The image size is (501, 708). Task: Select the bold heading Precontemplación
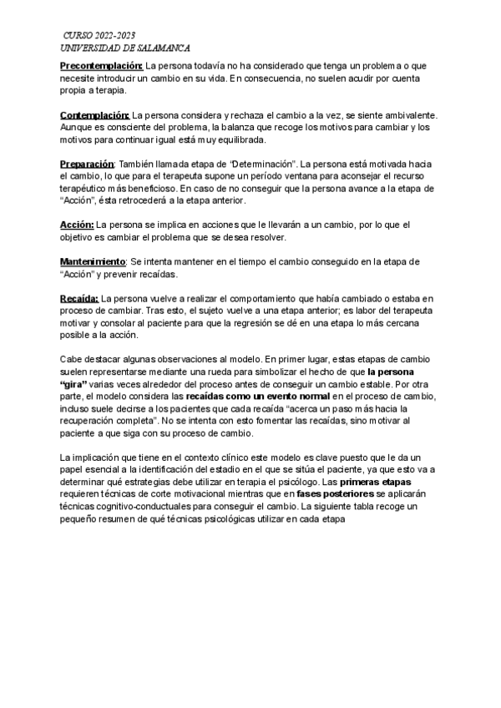point(102,65)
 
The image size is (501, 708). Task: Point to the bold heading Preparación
point(87,164)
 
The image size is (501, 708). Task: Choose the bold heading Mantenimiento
point(93,262)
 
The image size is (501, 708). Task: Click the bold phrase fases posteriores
point(329,495)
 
